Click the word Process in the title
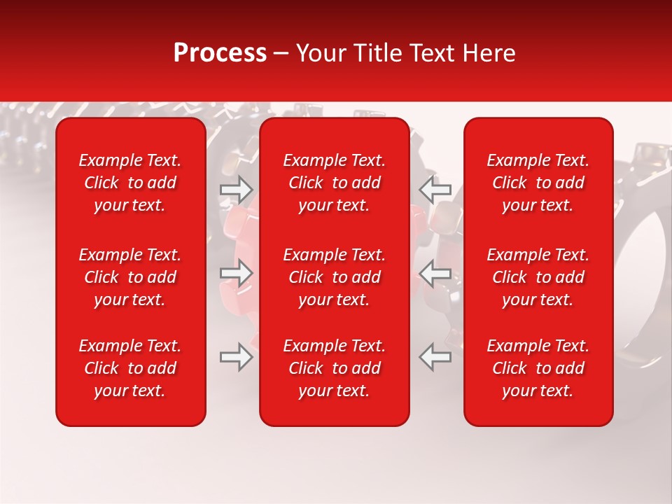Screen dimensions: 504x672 click(x=220, y=53)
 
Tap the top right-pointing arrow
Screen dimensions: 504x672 click(x=237, y=190)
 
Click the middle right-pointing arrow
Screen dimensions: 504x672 click(x=237, y=273)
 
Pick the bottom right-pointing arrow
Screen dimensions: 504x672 click(x=237, y=356)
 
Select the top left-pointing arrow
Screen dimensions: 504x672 click(x=435, y=190)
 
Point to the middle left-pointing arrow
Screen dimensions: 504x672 click(x=435, y=273)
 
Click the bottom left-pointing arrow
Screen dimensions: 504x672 click(x=435, y=356)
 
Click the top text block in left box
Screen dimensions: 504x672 click(x=130, y=183)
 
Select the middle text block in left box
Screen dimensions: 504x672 click(x=130, y=277)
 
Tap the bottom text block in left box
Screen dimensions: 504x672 click(x=130, y=368)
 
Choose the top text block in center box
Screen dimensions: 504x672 click(x=335, y=183)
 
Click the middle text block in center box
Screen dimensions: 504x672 click(x=335, y=277)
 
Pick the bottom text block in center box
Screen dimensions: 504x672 click(x=335, y=368)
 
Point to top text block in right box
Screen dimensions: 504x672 click(x=538, y=183)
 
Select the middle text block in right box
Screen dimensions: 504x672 click(x=538, y=277)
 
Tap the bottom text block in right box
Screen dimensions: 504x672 click(x=538, y=368)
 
